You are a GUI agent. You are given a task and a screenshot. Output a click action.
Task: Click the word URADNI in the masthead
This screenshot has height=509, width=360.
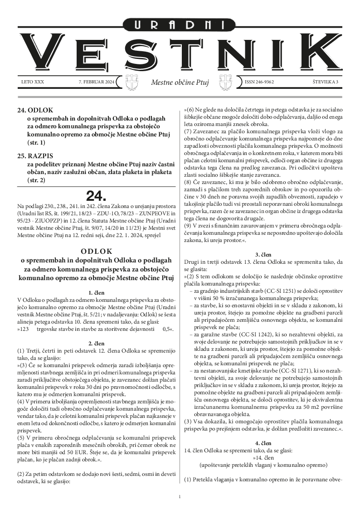180,24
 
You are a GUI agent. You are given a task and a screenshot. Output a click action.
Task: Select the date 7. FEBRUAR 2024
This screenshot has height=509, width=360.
97,82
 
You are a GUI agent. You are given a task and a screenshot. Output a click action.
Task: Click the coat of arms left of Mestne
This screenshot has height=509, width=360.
132,82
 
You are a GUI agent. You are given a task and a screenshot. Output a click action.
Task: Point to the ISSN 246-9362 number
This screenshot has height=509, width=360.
259,82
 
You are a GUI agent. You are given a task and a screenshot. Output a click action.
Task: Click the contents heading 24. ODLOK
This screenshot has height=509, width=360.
35,110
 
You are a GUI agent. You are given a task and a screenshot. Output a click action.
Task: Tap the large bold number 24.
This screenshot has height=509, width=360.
96,196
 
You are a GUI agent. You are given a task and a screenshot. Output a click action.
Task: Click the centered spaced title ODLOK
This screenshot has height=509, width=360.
96,251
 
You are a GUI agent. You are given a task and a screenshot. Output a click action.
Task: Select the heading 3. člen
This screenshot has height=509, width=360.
263,254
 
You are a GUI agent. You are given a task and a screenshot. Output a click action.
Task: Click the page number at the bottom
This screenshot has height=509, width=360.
180,497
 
